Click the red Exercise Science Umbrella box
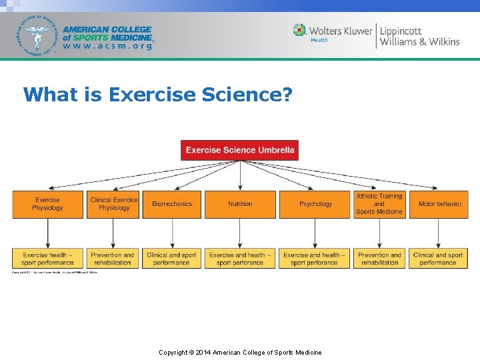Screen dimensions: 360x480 240,150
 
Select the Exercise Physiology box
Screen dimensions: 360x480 47,204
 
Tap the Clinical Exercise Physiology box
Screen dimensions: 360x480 114,204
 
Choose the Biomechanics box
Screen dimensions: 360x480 172,204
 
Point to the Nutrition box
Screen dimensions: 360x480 240,204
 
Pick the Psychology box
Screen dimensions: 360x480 315,204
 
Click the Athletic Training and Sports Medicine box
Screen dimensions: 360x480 379,204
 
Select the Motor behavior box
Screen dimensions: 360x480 439,204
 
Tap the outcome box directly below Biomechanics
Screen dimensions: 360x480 172,259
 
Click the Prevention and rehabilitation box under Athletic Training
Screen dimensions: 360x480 379,259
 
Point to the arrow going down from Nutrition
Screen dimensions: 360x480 240,233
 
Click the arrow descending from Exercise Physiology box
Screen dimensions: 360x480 47,233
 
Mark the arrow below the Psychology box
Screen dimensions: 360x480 315,233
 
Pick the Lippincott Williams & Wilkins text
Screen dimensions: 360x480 419,36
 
